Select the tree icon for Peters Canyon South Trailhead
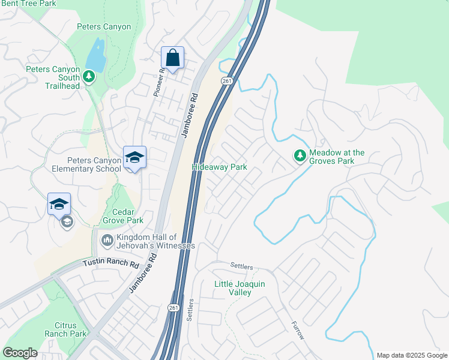[89, 76]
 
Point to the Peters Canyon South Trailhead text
[53, 77]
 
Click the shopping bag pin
[172, 58]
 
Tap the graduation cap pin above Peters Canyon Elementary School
[134, 158]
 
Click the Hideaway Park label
[219, 167]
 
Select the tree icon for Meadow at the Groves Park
[300, 156]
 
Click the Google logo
[20, 353]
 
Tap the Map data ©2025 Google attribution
[411, 355]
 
